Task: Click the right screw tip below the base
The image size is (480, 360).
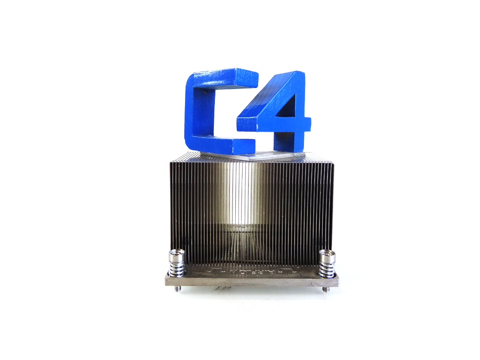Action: [325, 289]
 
